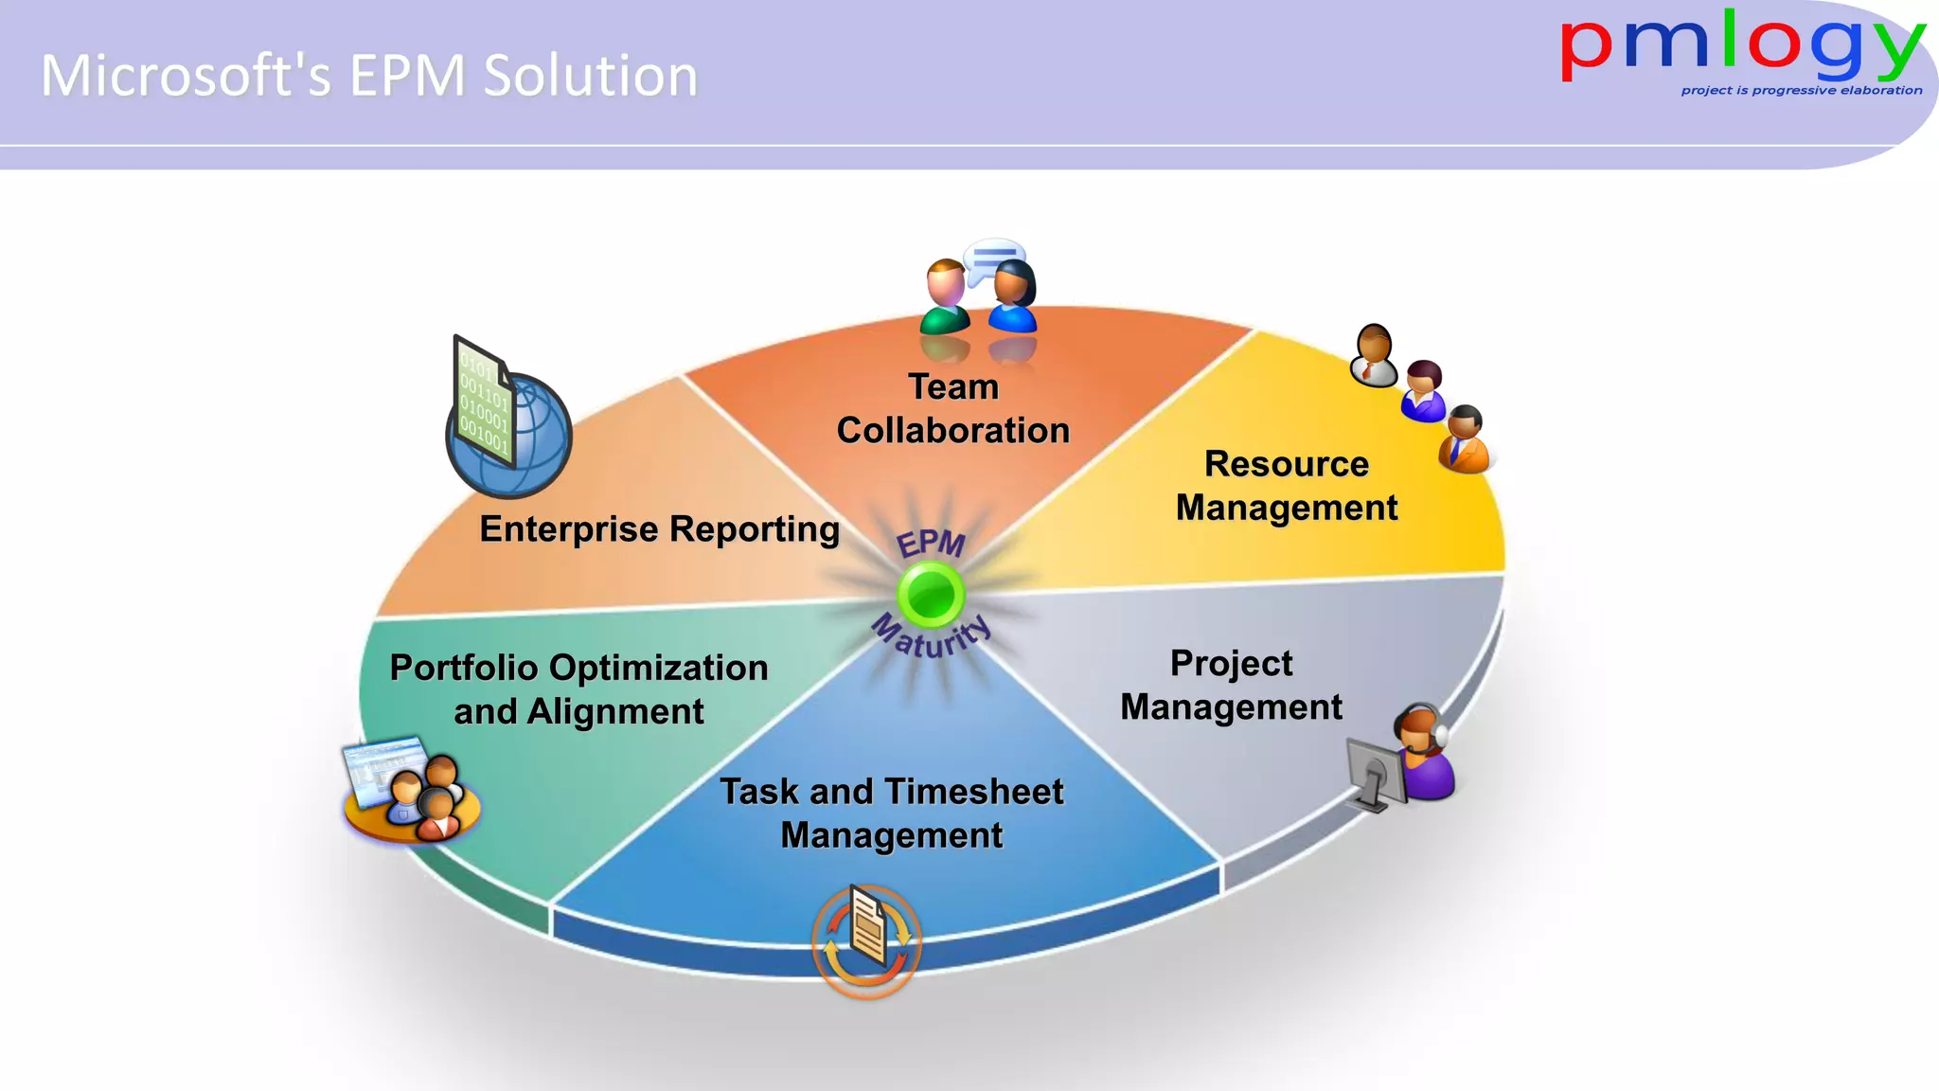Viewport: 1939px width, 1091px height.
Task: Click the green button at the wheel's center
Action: [931, 594]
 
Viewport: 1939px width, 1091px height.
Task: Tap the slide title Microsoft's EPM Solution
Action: [369, 76]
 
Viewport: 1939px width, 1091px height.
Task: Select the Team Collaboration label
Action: [953, 408]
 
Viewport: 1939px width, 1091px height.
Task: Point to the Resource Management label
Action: [1287, 486]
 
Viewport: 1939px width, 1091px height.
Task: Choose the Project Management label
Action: [1231, 685]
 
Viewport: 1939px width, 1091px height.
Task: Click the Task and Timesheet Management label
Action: [891, 813]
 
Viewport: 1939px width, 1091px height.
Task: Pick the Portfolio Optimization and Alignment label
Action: [578, 689]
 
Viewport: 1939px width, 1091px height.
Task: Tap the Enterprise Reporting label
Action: [659, 528]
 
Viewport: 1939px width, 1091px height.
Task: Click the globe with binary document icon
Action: [509, 421]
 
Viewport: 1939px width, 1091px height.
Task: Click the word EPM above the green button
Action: [930, 544]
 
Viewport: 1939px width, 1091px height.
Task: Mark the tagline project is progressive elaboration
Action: [1801, 91]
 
